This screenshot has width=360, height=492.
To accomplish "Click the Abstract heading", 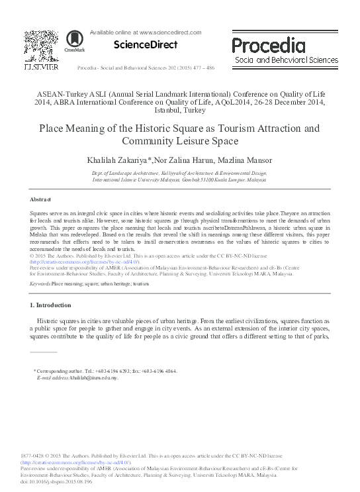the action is (41, 199).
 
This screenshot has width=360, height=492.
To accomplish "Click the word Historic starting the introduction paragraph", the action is (54, 321).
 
